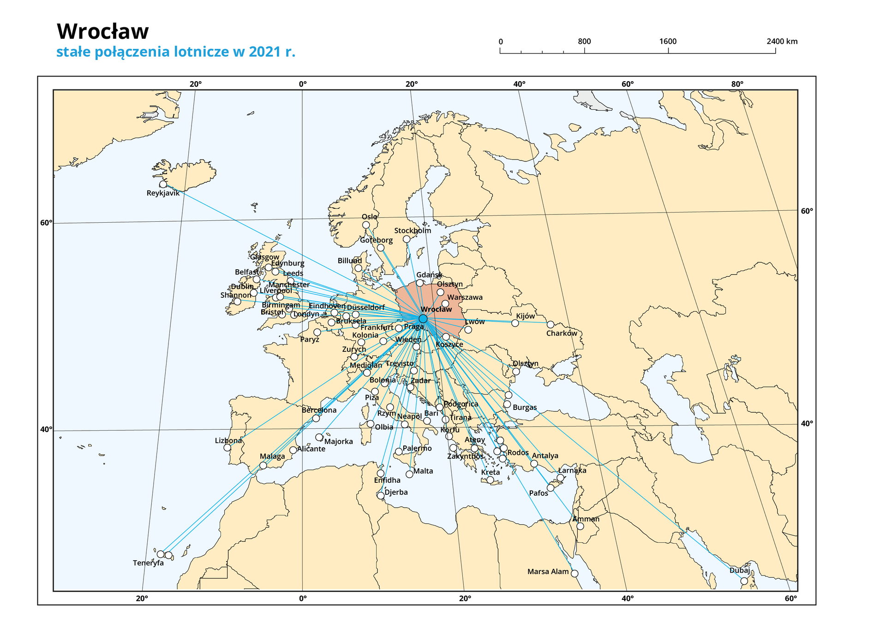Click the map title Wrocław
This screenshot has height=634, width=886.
click(102, 31)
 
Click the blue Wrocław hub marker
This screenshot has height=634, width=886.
click(423, 319)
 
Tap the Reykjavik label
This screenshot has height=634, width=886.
click(163, 193)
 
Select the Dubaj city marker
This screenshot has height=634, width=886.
click(743, 581)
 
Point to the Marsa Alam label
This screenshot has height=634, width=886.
click(548, 572)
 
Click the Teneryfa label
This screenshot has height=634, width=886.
click(148, 563)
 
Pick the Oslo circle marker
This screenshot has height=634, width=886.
click(366, 225)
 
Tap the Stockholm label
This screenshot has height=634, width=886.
click(413, 231)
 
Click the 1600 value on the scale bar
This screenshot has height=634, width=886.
click(668, 41)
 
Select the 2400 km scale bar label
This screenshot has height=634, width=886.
click(782, 41)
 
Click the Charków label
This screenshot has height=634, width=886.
click(562, 333)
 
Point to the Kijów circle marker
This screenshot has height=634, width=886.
click(515, 323)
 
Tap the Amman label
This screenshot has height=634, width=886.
click(586, 519)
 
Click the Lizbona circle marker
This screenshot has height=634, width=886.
click(227, 448)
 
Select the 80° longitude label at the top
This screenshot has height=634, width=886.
click(737, 84)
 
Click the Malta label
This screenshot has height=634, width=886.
click(423, 471)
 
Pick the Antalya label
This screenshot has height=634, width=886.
click(545, 456)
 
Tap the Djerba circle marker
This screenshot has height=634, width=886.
click(380, 496)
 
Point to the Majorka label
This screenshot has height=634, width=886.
click(338, 442)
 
